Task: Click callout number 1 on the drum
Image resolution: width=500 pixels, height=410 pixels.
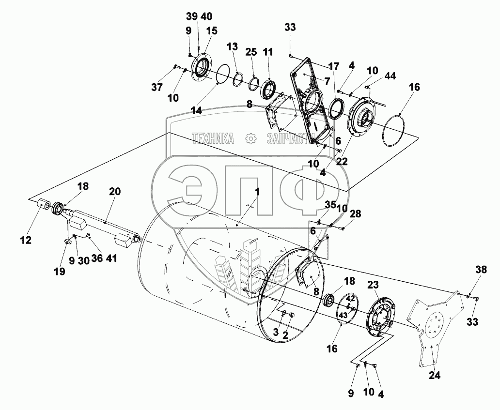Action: coord(257,192)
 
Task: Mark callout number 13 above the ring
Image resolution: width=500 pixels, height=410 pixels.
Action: coord(233,46)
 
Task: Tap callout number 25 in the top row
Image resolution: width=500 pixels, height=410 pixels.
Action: coord(250,51)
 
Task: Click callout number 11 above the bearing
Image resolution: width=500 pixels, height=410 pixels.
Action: coord(268,51)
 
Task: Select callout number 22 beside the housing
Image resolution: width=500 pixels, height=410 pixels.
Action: coord(342,162)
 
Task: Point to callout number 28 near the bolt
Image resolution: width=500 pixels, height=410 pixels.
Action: coord(356,214)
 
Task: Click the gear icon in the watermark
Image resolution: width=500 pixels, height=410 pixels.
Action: coord(251,139)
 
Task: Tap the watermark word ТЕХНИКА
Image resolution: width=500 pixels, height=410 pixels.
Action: coord(213,139)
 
